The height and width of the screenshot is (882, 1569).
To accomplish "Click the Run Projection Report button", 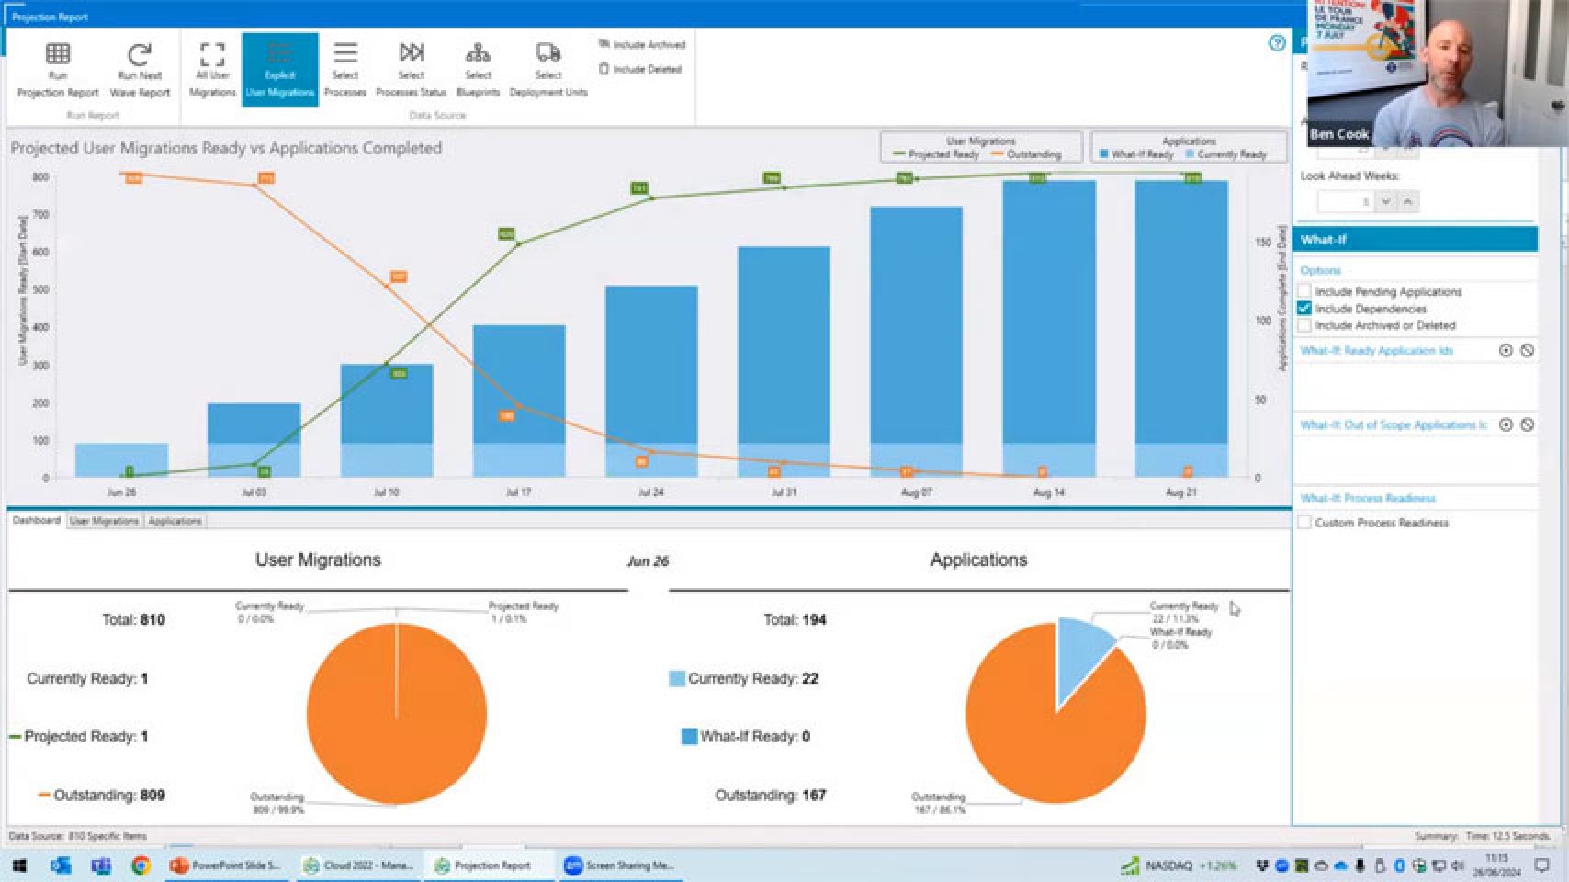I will (x=57, y=70).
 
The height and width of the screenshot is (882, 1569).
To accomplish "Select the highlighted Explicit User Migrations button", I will (x=279, y=70).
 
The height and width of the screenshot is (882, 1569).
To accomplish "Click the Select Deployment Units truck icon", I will (x=547, y=53).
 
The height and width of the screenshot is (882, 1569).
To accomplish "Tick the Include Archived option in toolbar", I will (x=604, y=44).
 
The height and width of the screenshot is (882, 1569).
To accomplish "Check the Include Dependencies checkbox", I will (x=1304, y=309).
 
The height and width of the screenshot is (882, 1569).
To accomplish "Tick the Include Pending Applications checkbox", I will (x=1304, y=291).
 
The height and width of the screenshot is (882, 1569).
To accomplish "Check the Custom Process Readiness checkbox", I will (x=1304, y=523).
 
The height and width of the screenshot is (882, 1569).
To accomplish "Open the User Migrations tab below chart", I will (x=104, y=521).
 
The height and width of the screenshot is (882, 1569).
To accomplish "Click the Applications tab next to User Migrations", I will (x=175, y=521).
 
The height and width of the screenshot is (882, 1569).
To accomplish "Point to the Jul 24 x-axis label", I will (x=650, y=492).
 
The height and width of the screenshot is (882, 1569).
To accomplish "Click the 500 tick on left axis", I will (x=40, y=289).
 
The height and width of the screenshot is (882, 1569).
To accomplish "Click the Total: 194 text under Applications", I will (x=795, y=620).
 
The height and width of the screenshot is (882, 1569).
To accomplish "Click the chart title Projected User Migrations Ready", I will (x=226, y=148).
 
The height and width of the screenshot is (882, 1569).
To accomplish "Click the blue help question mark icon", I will (x=1276, y=43).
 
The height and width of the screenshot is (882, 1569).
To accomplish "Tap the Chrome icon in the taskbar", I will (x=141, y=865).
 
